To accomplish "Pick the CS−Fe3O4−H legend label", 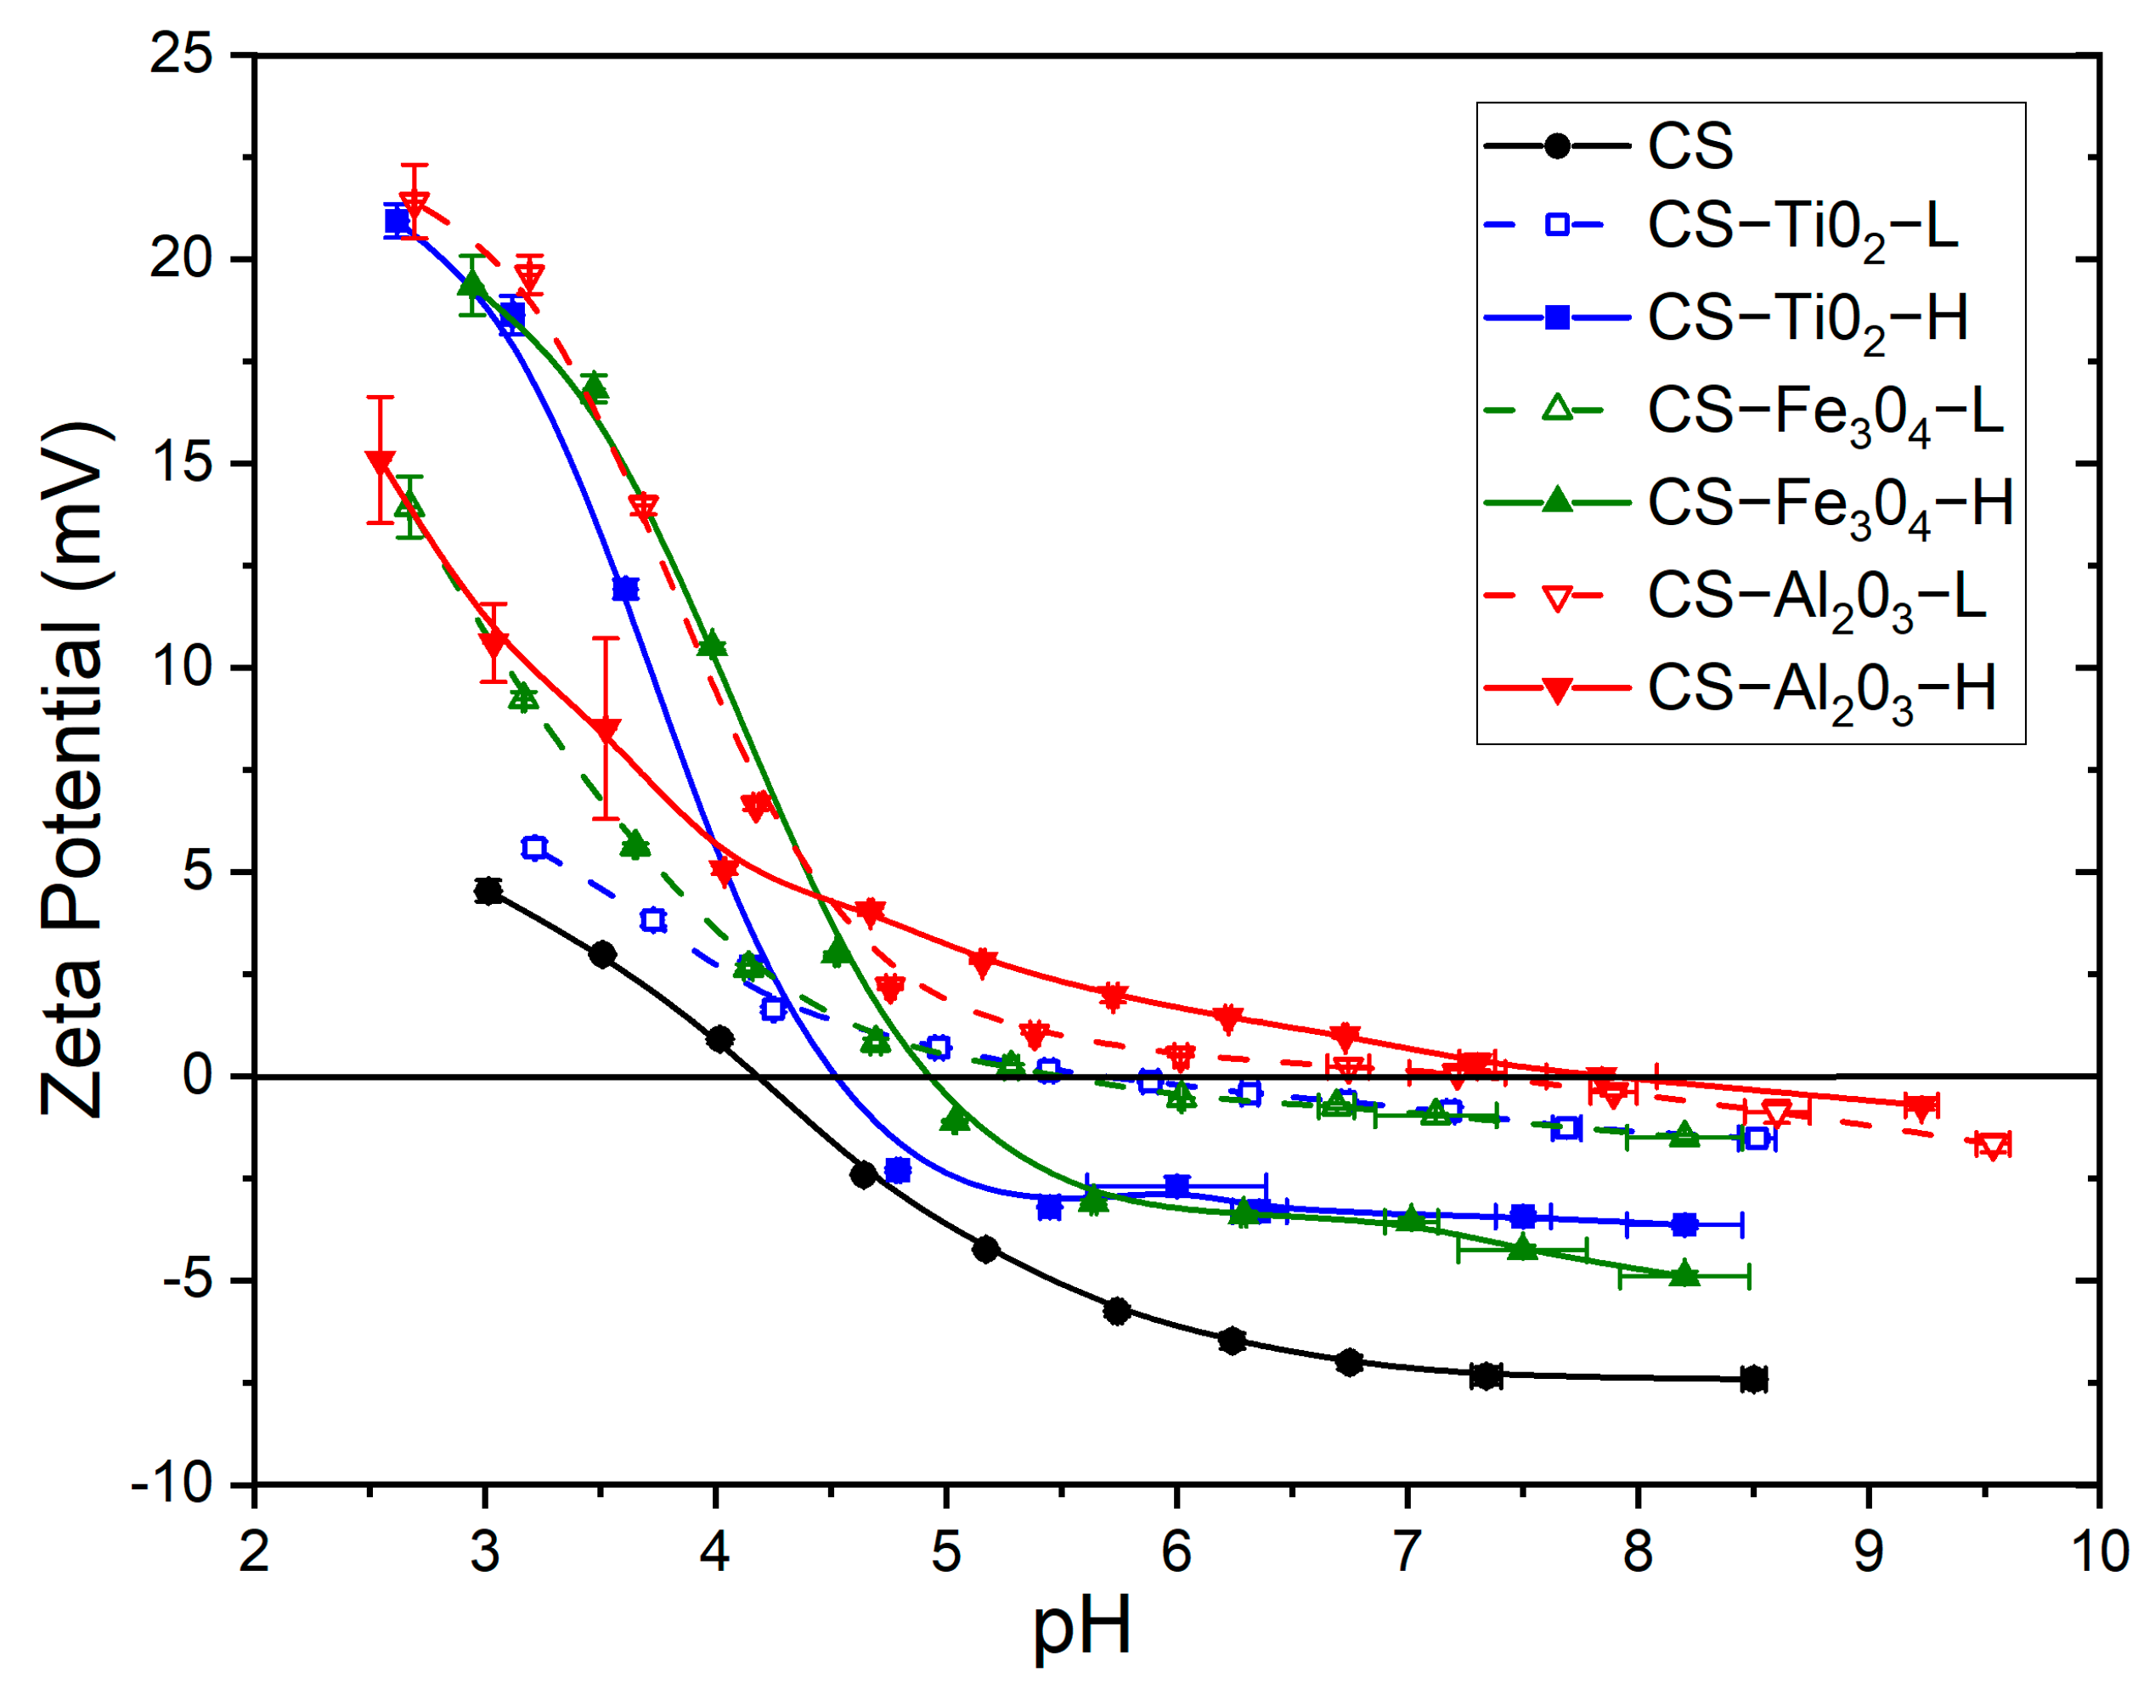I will click(1830, 506).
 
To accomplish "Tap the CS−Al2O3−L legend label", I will click(1817, 599).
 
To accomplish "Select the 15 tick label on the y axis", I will click(183, 462).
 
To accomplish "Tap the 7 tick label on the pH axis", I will click(1407, 1551).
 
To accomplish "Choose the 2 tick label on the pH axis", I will click(254, 1551).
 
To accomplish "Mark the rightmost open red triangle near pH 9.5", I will click(1991, 1145).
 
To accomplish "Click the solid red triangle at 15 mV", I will click(380, 462).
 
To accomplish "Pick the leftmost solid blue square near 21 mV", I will click(397, 221).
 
